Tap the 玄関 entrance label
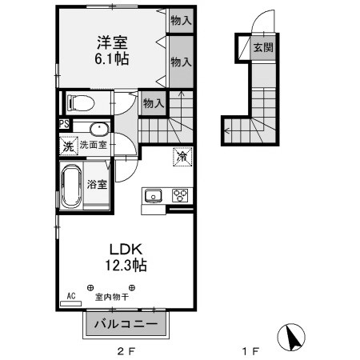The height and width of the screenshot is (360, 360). [x=263, y=48]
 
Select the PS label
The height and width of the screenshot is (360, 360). [x=64, y=124]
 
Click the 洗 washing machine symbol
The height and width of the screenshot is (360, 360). [x=67, y=146]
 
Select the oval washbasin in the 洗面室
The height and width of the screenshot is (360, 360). [x=98, y=129]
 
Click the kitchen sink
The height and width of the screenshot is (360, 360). [x=153, y=195]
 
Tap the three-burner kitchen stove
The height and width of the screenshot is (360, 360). [x=180, y=195]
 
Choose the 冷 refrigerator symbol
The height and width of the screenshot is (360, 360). [x=182, y=157]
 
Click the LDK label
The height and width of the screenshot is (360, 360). [x=122, y=247]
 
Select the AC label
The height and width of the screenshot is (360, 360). [x=71, y=296]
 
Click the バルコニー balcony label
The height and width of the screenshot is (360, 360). [x=128, y=324]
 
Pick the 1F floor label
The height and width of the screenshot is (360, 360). [x=250, y=350]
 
